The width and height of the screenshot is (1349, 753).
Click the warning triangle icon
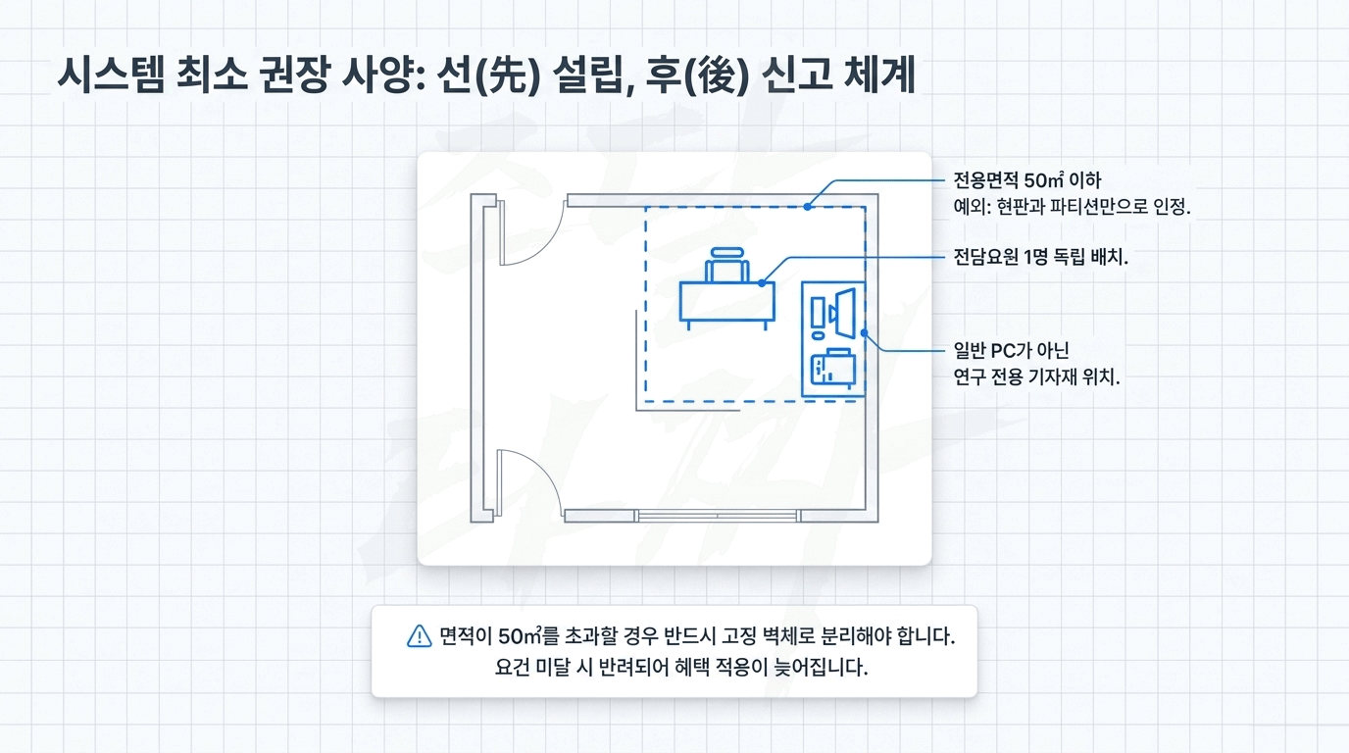click(419, 636)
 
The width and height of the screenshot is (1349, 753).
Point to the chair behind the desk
click(726, 265)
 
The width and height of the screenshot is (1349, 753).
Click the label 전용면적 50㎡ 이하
click(1027, 181)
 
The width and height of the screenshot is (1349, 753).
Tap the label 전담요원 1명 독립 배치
click(1040, 258)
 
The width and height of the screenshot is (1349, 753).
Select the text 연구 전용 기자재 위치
click(1036, 377)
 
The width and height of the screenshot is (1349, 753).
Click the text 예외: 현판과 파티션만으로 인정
click(1072, 207)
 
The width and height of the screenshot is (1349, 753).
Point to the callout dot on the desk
click(763, 282)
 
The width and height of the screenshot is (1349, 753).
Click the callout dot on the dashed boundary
click(806, 206)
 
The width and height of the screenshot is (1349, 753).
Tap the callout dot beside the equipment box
click(865, 332)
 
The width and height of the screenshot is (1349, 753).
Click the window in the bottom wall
click(717, 515)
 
